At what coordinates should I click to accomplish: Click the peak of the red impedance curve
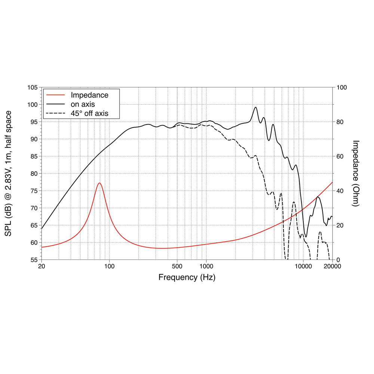(x=99, y=183)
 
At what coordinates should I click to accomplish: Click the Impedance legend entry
(x=89, y=95)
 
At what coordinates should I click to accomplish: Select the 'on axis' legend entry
(x=83, y=104)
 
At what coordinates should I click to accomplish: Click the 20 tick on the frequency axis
(x=42, y=267)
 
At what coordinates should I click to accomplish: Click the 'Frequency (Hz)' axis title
(x=187, y=278)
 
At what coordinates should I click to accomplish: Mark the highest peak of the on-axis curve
(x=255, y=107)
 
